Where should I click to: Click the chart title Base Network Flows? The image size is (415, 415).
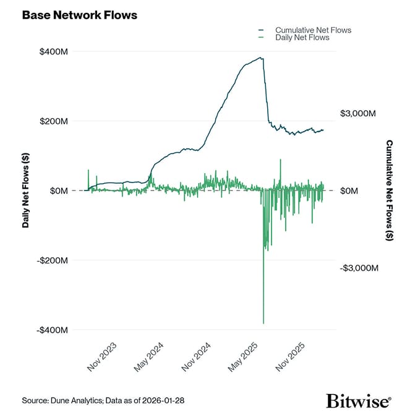[80, 15]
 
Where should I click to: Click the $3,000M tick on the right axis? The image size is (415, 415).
[358, 114]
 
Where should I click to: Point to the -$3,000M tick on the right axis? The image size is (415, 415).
[357, 268]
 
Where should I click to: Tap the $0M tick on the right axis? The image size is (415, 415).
[349, 191]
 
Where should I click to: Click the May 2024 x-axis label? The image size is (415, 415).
[149, 357]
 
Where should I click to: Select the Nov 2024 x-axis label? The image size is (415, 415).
[197, 357]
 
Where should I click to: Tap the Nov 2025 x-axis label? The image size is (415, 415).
[291, 357]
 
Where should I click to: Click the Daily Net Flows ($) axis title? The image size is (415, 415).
[26, 191]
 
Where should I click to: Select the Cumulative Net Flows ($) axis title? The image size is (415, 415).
[389, 190]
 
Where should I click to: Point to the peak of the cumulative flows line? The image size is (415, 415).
[262, 58]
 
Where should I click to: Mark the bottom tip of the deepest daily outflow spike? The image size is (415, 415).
[263, 323]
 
